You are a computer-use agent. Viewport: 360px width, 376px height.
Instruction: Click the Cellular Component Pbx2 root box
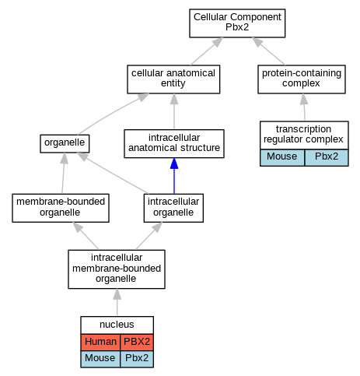[x=237, y=23]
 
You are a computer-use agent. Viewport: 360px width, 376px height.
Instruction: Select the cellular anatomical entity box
[x=173, y=79]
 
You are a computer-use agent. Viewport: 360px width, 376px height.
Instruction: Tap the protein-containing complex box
[x=302, y=79]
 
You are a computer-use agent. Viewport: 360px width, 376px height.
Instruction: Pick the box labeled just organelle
[x=65, y=143]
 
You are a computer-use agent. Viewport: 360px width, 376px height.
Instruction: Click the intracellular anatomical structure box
[x=174, y=143]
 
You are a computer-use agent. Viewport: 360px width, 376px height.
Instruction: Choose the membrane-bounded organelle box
[x=61, y=208]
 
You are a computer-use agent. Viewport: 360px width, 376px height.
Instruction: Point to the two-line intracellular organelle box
[x=173, y=208]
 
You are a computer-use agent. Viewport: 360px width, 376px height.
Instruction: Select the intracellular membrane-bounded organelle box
[x=117, y=269]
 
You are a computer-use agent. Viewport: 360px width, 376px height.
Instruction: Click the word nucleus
[x=117, y=325]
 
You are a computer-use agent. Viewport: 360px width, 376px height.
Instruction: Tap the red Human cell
[x=100, y=342]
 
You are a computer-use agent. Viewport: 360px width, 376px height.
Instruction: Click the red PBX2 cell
[x=137, y=342]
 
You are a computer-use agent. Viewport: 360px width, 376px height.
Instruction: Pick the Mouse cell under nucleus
[x=100, y=359]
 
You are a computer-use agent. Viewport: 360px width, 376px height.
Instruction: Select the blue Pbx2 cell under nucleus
[x=137, y=359]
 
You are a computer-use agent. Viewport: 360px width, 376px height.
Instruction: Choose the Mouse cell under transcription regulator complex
[x=282, y=157]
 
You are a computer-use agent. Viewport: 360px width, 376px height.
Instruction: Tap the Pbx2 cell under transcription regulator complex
[x=327, y=157]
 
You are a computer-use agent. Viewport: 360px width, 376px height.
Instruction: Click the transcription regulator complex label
[x=303, y=134]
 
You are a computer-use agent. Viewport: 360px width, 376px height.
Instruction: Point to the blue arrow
[x=174, y=176]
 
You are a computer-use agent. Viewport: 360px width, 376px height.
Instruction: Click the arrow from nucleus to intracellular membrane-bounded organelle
[x=117, y=302]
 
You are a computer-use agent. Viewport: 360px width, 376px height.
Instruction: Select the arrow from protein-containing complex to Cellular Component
[x=268, y=51]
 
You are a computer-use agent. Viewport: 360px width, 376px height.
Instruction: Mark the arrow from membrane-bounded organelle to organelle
[x=63, y=173]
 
